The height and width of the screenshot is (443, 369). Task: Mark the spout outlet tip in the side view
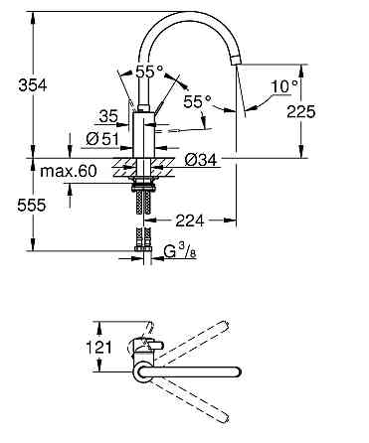(x=236, y=62)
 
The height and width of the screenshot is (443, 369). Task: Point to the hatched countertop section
(x=123, y=161)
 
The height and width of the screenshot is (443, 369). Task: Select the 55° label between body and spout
(x=199, y=101)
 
